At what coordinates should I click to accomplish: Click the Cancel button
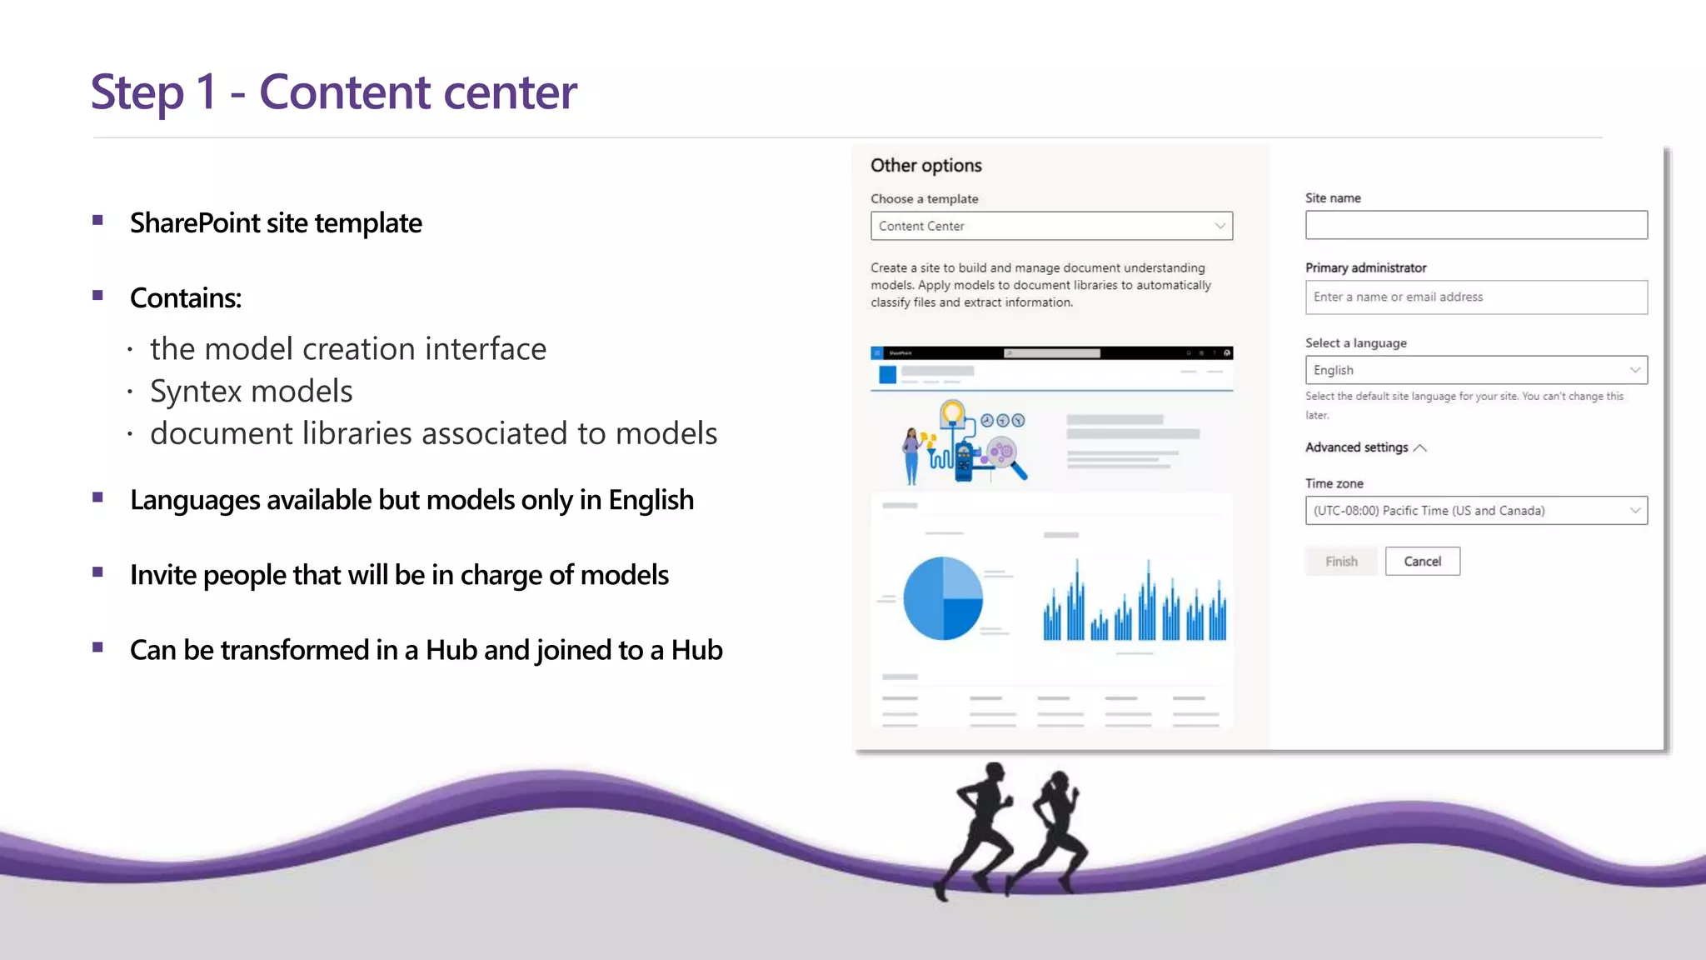[x=1422, y=561]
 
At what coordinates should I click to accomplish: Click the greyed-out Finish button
[x=1341, y=561]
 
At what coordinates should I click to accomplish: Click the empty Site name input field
[x=1475, y=225]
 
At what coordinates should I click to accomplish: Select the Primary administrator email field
[x=1475, y=297]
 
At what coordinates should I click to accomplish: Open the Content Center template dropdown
[x=1051, y=226]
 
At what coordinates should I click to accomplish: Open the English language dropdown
[x=1475, y=370]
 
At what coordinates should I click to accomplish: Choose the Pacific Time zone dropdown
[x=1475, y=510]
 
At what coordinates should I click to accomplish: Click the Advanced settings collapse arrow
[x=1420, y=447]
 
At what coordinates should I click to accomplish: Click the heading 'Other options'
[x=925, y=165]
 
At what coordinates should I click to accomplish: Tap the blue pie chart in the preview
[x=943, y=598]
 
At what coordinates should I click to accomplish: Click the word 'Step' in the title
[x=137, y=92]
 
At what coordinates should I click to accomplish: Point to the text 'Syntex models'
[x=251, y=391]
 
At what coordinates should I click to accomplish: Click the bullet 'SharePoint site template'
[x=275, y=222]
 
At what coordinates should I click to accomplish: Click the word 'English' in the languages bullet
[x=651, y=499]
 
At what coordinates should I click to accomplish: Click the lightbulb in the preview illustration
[x=952, y=412]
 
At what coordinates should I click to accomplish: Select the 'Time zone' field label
[x=1334, y=483]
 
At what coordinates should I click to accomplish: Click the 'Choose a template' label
[x=924, y=198]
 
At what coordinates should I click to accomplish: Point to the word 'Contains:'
[x=185, y=297]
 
